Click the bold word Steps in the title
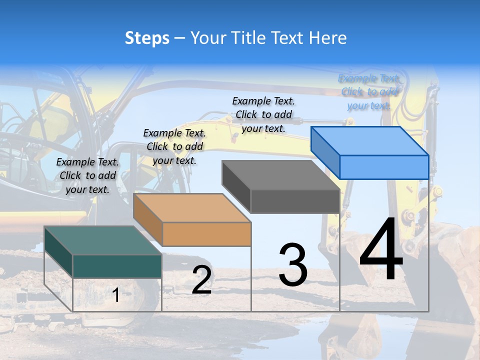point(147,38)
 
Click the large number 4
point(381,250)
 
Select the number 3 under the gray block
point(293,265)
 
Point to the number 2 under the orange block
point(201,280)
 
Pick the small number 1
point(115,295)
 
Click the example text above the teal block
point(88,175)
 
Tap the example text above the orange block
point(174,146)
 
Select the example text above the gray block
point(263,114)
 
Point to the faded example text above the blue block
point(369,92)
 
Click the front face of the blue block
point(384,167)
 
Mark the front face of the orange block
point(206,234)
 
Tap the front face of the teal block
point(117,266)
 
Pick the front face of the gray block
point(295,201)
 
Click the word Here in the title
point(328,38)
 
